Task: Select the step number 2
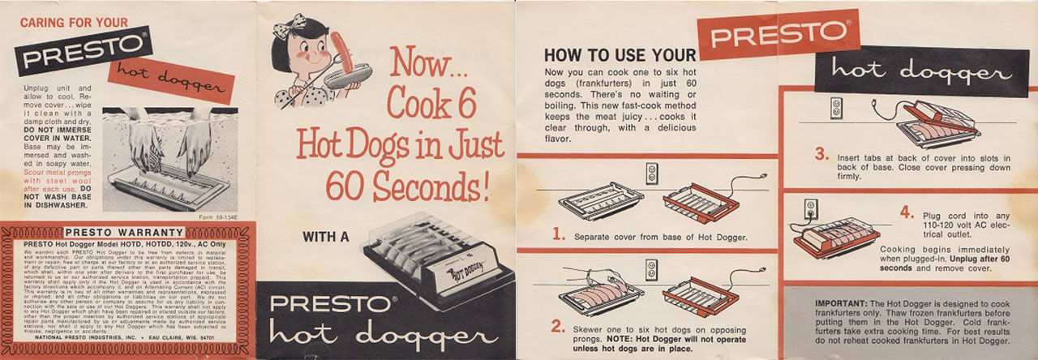tap(558, 327)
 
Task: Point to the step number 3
tap(821, 154)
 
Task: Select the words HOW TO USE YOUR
tap(620, 55)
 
